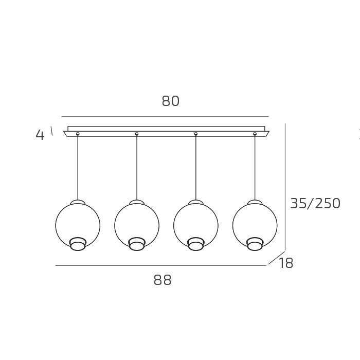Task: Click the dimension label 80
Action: point(171,101)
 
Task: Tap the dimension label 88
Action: point(163,280)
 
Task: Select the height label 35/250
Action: point(315,204)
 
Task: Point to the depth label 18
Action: point(286,264)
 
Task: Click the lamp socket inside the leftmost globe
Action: point(78,244)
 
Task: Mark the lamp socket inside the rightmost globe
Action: point(255,244)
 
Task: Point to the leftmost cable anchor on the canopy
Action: point(78,134)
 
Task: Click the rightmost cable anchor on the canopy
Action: point(255,134)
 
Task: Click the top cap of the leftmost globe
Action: point(78,202)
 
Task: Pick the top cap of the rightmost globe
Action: point(255,202)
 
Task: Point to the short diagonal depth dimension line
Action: point(276,258)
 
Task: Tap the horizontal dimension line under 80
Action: point(165,117)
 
